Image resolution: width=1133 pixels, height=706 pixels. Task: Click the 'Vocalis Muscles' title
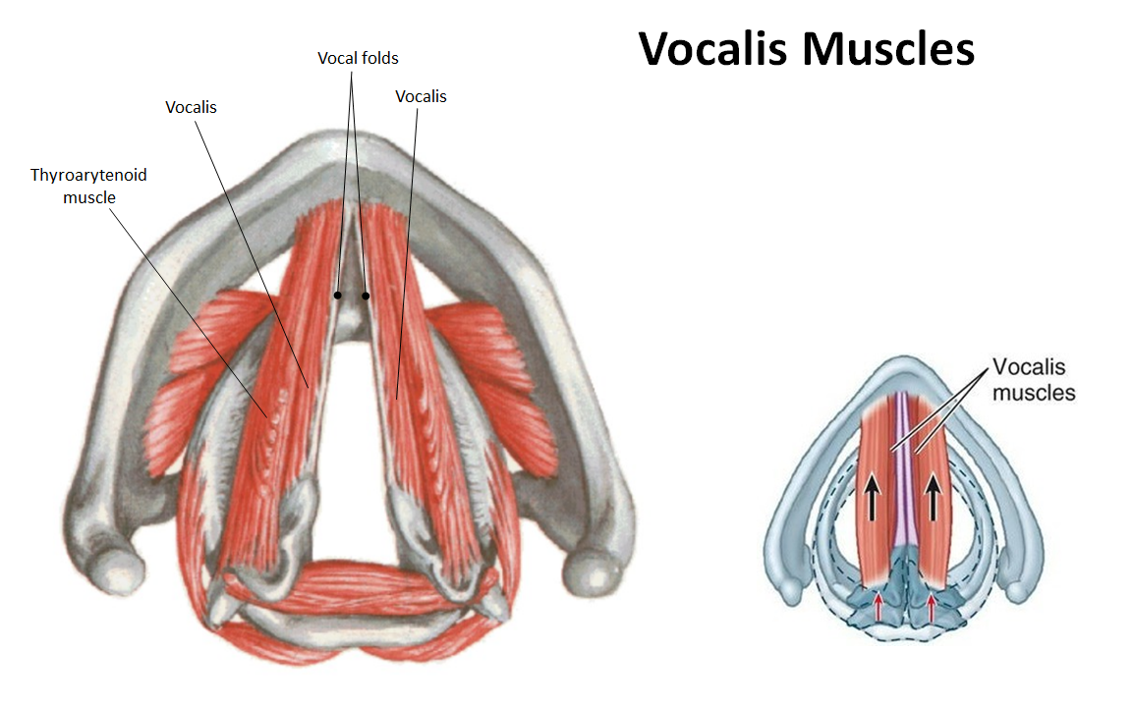click(806, 48)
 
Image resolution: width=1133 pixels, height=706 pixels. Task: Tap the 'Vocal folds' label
click(358, 58)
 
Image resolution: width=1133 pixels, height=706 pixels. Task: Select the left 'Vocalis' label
click(191, 107)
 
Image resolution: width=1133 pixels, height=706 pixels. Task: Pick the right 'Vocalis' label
click(421, 96)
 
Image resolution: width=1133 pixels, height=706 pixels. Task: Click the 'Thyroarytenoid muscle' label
click(88, 186)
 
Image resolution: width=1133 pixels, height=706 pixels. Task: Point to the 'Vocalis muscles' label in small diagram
click(1033, 380)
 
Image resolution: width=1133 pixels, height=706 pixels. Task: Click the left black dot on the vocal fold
click(337, 295)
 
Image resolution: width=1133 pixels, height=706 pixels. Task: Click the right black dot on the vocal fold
click(366, 296)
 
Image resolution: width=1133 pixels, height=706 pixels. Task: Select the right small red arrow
click(931, 607)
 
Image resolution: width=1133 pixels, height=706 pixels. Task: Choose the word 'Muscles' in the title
click(888, 48)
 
